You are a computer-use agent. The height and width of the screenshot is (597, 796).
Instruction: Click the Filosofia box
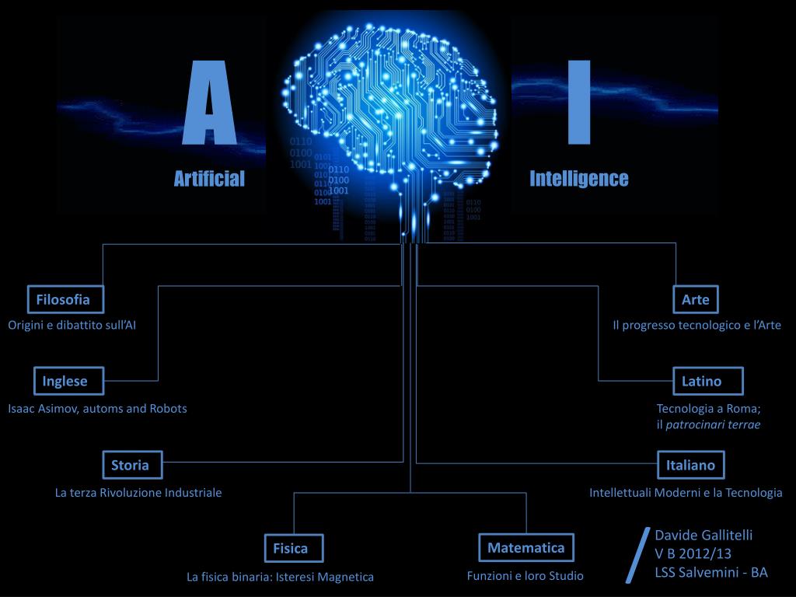[63, 299]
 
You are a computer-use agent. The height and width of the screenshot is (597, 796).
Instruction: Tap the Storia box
[130, 466]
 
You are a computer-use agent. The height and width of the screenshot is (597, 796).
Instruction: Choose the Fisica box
[290, 548]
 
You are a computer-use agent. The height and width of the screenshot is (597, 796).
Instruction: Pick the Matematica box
[525, 547]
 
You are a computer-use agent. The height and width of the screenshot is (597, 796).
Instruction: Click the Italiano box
[690, 466]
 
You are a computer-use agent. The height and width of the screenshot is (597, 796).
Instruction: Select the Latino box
[701, 381]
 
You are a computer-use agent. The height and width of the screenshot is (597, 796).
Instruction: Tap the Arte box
[696, 299]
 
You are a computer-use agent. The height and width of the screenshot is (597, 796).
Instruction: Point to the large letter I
[579, 103]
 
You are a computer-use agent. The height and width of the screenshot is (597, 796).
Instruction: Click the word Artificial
[208, 179]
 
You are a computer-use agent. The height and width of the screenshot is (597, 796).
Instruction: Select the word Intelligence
[578, 179]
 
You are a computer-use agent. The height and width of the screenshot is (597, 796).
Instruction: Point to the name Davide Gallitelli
[703, 535]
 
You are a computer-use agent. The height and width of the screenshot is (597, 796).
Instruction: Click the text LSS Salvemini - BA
[710, 572]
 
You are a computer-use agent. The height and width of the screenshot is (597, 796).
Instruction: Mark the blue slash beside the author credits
[637, 553]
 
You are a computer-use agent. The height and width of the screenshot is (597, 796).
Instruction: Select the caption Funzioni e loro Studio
[525, 576]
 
